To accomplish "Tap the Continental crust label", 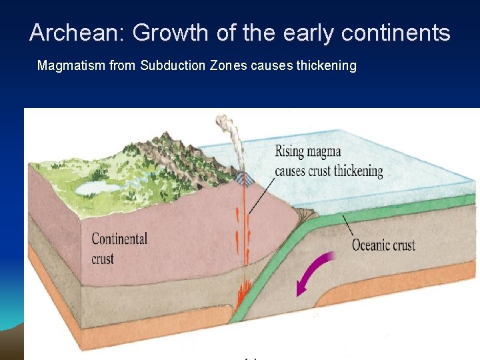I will [x=119, y=248].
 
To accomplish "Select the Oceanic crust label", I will [x=383, y=245].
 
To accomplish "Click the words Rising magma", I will [x=309, y=151].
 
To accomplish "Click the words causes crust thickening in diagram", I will [x=329, y=171].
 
